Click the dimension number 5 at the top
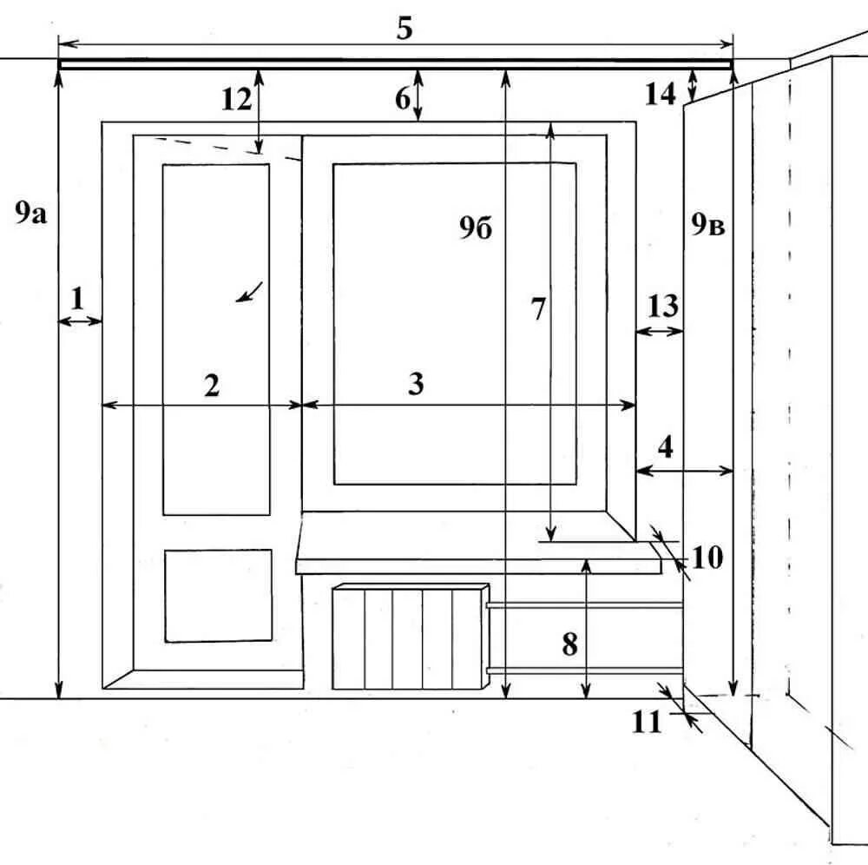(x=404, y=29)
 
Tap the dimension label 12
(x=235, y=100)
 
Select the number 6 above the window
(x=403, y=100)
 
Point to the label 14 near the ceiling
(x=660, y=94)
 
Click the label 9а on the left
(x=30, y=213)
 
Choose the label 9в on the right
(x=707, y=225)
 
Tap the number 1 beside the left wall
(x=76, y=299)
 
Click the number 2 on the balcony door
(x=212, y=385)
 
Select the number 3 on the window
(x=416, y=384)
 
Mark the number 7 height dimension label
(x=538, y=309)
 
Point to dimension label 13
(x=663, y=306)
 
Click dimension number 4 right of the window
(x=666, y=448)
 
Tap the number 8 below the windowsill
(x=569, y=644)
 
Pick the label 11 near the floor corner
(x=646, y=722)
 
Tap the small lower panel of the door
(x=218, y=596)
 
